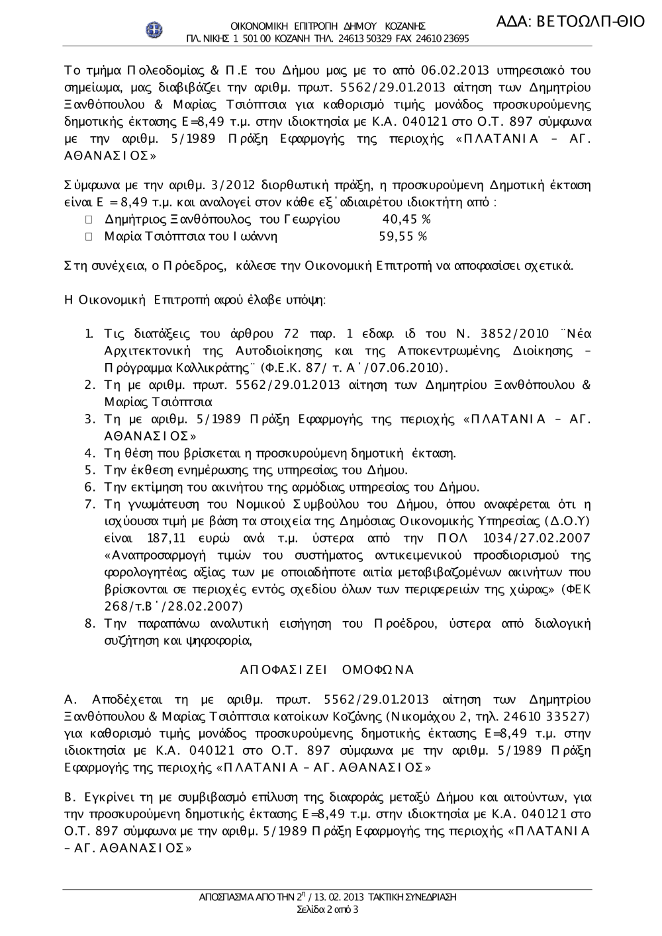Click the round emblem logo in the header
click(154, 30)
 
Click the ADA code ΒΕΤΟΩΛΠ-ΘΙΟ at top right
click(569, 21)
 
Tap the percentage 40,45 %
click(407, 219)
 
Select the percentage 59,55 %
click(402, 236)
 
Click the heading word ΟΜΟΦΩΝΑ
click(377, 670)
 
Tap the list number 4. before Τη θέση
click(91, 453)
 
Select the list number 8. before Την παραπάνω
click(91, 623)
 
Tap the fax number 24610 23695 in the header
click(442, 38)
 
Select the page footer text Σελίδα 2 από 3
click(328, 910)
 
